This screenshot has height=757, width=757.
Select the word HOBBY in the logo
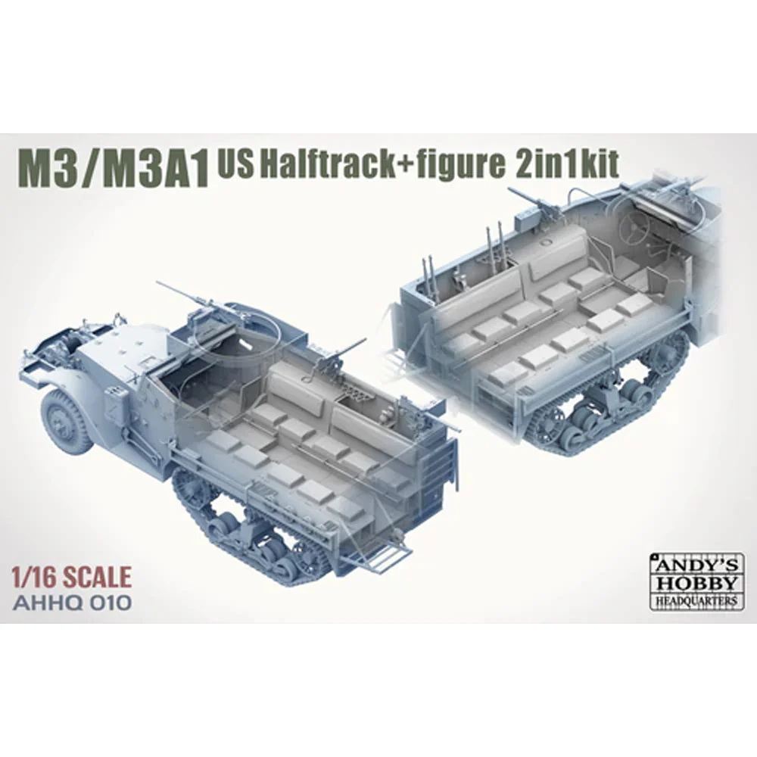coord(693,582)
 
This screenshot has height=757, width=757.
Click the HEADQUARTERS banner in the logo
coord(693,600)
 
